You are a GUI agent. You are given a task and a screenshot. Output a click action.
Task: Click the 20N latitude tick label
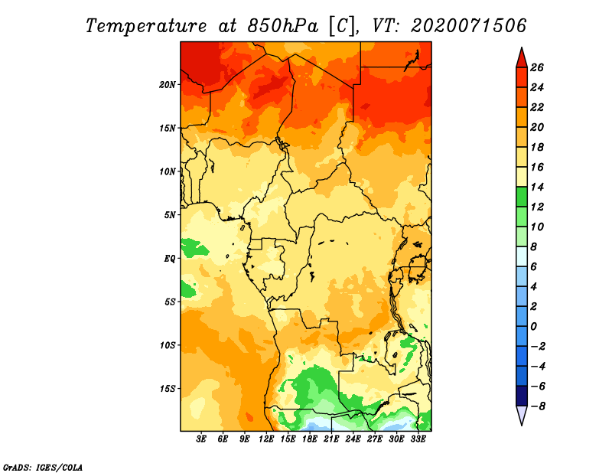click(x=168, y=85)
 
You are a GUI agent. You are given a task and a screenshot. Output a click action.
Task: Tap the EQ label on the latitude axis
click(x=170, y=259)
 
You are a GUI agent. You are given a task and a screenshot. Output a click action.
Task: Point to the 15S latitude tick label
click(x=168, y=389)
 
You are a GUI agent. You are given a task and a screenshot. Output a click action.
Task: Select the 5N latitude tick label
click(x=170, y=215)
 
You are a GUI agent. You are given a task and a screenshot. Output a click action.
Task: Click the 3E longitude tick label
click(x=201, y=439)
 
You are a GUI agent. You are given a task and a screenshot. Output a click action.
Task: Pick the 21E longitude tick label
click(x=331, y=439)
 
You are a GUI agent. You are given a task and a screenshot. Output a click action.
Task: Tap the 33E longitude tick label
click(x=418, y=439)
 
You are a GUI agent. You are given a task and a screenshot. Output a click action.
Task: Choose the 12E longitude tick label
click(x=266, y=439)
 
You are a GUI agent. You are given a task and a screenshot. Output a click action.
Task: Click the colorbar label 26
click(x=537, y=67)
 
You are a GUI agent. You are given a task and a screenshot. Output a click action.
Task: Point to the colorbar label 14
click(x=537, y=187)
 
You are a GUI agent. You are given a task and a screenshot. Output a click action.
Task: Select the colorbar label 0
click(x=534, y=327)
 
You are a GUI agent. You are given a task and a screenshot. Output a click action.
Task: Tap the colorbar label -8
click(x=538, y=406)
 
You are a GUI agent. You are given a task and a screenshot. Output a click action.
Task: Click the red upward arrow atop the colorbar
click(x=522, y=58)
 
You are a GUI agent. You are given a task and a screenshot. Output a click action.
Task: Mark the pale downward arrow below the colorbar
click(x=522, y=415)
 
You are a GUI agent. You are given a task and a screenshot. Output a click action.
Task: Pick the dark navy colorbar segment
click(x=522, y=396)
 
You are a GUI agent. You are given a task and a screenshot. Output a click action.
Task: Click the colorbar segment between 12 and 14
click(x=522, y=197)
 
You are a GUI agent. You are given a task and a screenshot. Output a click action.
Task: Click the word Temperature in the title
click(x=146, y=26)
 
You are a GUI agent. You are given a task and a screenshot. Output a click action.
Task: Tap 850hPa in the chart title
click(x=282, y=26)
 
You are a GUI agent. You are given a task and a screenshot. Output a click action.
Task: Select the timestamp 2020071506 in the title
click(x=469, y=26)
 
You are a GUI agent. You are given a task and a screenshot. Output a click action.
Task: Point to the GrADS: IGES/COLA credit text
click(x=43, y=467)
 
